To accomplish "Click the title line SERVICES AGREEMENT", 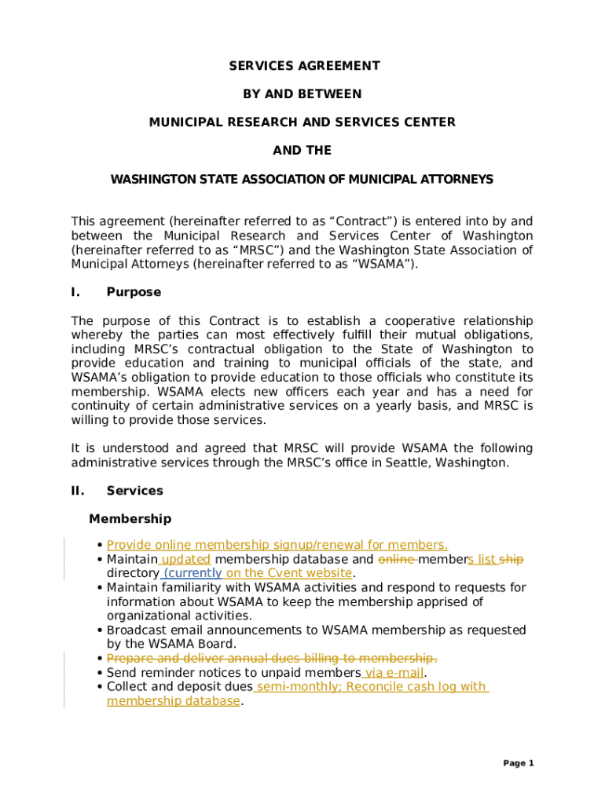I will tap(304, 66).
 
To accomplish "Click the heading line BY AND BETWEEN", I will tap(302, 94).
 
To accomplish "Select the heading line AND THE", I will tap(302, 151).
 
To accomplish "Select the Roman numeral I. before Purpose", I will tap(75, 292).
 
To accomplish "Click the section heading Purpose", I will tap(134, 292).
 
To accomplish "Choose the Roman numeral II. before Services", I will tap(77, 491).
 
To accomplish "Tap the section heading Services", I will tap(135, 491).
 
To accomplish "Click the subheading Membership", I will tap(130, 519).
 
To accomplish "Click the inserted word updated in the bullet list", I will tap(186, 559).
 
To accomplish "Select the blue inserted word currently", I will tap(192, 573).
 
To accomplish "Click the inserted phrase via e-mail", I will tap(394, 673).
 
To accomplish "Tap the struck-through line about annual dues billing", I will tap(272, 658).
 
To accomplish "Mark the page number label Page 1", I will tap(519, 763).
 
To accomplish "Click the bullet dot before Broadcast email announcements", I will tap(100, 630).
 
